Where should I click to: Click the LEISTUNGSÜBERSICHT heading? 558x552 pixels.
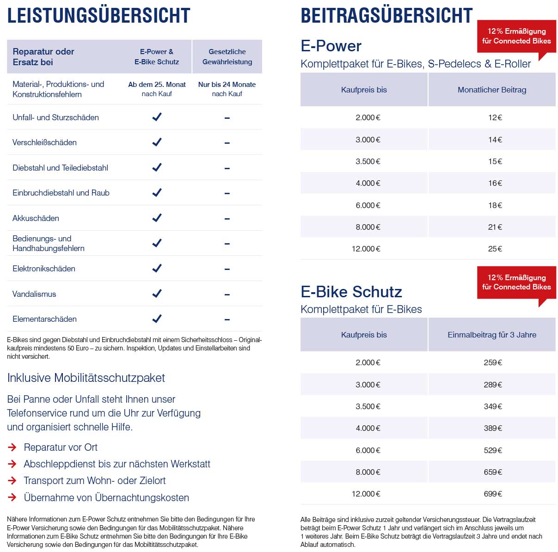pyautogui.click(x=98, y=15)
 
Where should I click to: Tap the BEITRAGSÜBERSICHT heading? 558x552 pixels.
pyautogui.click(x=386, y=15)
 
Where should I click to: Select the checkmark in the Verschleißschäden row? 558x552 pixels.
pyautogui.click(x=157, y=142)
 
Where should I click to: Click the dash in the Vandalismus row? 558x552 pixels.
pyautogui.click(x=227, y=294)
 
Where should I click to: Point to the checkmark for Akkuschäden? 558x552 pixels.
pyautogui.click(x=157, y=218)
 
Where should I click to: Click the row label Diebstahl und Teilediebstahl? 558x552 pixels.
pyautogui.click(x=60, y=168)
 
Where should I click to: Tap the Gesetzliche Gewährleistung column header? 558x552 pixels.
pyautogui.click(x=227, y=56)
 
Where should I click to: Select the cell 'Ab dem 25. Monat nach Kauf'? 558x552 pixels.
pyautogui.click(x=157, y=89)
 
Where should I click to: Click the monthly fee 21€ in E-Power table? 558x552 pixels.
pyautogui.click(x=495, y=227)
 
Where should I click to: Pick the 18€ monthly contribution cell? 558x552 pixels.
pyautogui.click(x=495, y=205)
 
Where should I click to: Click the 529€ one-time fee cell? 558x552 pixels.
pyautogui.click(x=492, y=450)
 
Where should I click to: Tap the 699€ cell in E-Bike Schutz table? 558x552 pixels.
pyautogui.click(x=492, y=493)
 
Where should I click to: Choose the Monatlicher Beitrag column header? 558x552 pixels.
pyautogui.click(x=492, y=90)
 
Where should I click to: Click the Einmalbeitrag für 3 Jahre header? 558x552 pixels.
pyautogui.click(x=492, y=335)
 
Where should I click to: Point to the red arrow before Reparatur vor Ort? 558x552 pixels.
pyautogui.click(x=12, y=447)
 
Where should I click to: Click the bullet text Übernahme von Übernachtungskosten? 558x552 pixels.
pyautogui.click(x=106, y=497)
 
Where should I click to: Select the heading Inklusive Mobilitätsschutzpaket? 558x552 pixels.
pyautogui.click(x=86, y=378)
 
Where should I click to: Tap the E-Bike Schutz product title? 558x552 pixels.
pyautogui.click(x=351, y=291)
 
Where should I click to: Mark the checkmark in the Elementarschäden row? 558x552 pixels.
pyautogui.click(x=157, y=319)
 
